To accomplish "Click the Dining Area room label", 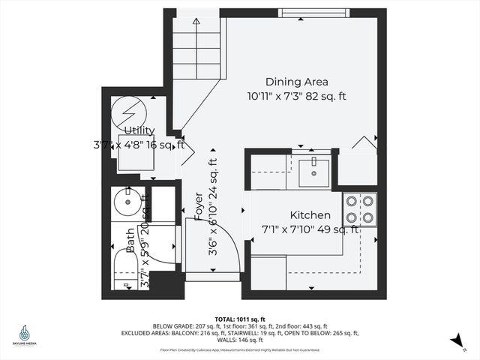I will tap(297, 82).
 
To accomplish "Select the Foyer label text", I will tap(199, 208).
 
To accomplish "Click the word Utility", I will tap(139, 131).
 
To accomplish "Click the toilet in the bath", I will tap(123, 268).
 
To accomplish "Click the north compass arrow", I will tap(455, 340).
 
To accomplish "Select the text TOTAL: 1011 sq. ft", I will tap(239, 318).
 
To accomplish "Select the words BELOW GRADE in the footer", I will tap(172, 326).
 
